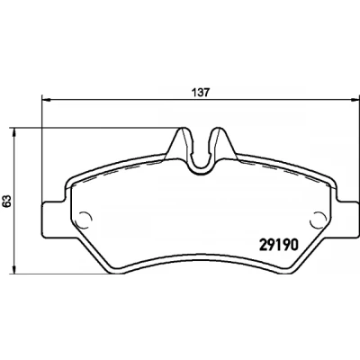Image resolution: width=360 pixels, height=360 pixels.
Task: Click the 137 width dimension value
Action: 201,93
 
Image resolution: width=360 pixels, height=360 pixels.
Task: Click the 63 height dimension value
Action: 7,201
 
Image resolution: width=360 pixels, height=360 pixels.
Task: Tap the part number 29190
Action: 278,245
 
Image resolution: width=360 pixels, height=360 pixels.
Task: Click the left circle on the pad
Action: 83,220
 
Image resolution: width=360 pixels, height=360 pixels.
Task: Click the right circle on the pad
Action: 319,220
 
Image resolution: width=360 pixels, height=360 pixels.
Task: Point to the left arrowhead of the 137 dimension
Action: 45,99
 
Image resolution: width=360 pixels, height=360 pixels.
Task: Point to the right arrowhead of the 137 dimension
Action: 355,99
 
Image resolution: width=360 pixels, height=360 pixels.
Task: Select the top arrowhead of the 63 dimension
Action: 13,132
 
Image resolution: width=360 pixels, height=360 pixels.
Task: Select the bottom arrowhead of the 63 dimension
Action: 13,269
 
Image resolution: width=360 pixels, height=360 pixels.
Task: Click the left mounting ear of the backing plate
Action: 53,220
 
